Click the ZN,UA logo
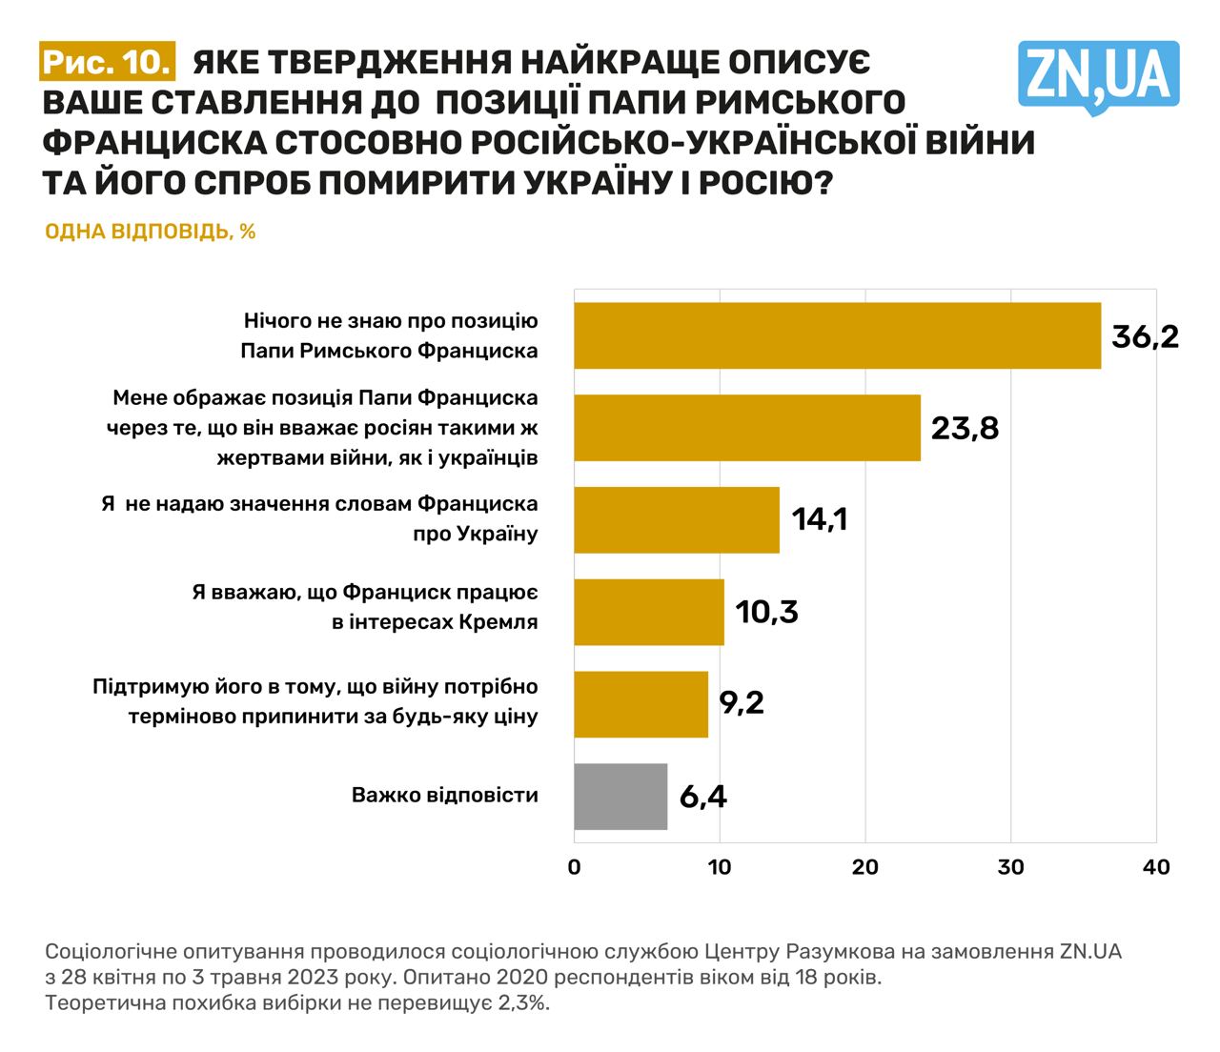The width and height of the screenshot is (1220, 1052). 1098,75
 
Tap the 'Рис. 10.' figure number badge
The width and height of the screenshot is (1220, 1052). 108,62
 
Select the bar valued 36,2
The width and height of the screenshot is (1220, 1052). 837,335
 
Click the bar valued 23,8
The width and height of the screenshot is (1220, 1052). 747,428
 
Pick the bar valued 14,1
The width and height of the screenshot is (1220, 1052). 677,519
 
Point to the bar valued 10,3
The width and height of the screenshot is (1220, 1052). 649,612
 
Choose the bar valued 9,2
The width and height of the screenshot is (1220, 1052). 640,703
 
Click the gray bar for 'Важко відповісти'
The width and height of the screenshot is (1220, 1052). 620,796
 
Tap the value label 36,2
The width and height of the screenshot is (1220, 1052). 1145,335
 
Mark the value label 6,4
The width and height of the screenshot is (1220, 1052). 702,796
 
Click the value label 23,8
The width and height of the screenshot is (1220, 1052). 965,428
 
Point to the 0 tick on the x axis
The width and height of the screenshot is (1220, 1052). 574,867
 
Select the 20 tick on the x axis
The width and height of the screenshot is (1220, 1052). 865,867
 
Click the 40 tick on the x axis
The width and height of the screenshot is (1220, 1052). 1156,867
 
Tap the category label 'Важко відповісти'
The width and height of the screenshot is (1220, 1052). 445,795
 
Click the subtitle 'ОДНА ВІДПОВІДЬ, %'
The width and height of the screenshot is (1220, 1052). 151,232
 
